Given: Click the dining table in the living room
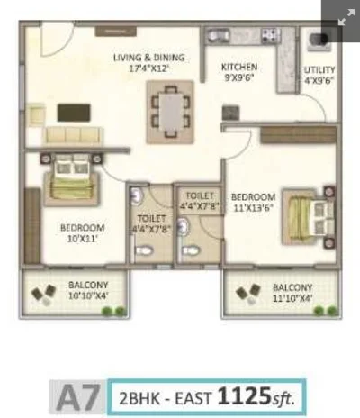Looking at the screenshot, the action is [170, 112].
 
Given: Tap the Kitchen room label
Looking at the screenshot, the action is [239, 67].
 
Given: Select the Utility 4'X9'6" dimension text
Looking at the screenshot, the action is [319, 81].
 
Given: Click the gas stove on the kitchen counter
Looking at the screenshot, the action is [271, 35].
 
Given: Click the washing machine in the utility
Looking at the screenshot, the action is [319, 40].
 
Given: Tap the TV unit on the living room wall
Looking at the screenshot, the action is [116, 32].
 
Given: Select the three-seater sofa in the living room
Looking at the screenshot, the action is [72, 135].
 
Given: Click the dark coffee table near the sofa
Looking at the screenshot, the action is [74, 113].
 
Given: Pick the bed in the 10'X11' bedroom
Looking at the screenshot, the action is [71, 179].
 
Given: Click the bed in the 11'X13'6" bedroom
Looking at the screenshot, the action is [308, 217].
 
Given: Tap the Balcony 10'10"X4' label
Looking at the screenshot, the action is [88, 290].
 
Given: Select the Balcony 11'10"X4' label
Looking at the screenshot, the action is [292, 293].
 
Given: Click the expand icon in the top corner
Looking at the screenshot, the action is [346, 17].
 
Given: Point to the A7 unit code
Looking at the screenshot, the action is [77, 397].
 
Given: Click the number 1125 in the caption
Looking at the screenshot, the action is [244, 395].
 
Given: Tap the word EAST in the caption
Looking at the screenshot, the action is [193, 399].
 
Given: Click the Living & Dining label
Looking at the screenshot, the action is [149, 58].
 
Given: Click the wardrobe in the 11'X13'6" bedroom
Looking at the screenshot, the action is [298, 135].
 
